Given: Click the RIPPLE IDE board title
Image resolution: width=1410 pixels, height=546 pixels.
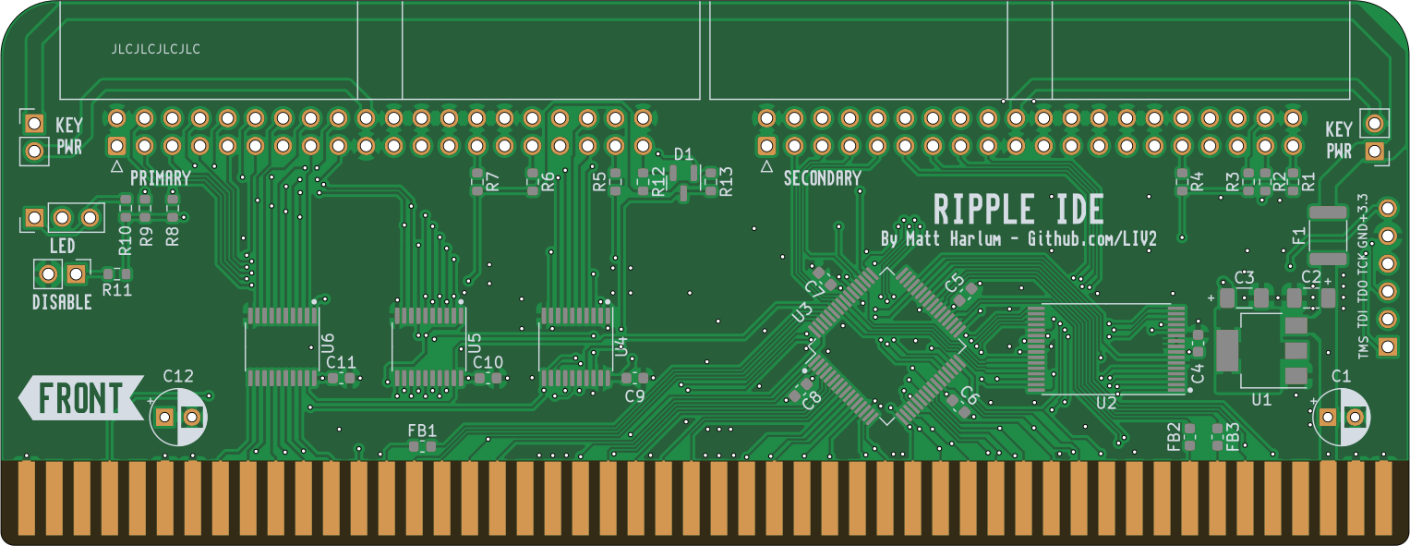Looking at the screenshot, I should point(1018,210).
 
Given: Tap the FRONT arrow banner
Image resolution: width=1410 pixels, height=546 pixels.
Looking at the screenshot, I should point(81,398).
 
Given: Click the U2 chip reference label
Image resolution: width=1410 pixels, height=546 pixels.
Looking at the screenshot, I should point(1106,403).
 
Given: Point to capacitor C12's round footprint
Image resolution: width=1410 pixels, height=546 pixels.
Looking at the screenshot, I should point(178,417).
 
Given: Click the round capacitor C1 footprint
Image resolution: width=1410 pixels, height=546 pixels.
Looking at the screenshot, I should point(1342,417).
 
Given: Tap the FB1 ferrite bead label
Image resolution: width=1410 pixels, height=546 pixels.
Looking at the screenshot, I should point(422,430).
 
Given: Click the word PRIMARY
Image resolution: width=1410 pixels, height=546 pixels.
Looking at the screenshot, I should point(161,177).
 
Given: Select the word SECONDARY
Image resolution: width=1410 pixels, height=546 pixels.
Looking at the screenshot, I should point(822,178).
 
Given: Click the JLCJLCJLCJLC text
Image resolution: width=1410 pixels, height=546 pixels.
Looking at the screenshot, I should point(155,49).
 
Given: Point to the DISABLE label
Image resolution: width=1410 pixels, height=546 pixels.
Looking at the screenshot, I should point(62,302).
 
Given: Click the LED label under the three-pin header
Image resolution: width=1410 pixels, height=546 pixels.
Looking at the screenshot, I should point(62,247).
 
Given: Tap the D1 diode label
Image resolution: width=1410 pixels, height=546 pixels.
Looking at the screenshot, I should point(683,153).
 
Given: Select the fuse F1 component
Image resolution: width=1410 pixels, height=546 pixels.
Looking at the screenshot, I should point(1328,235).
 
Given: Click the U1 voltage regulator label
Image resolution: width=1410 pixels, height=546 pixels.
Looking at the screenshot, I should point(1261,399).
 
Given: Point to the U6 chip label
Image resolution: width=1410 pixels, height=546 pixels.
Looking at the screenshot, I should point(326,344).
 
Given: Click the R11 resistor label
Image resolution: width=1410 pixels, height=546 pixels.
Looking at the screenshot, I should point(117,290).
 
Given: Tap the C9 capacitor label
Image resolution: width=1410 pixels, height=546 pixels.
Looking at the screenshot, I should point(634,396).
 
